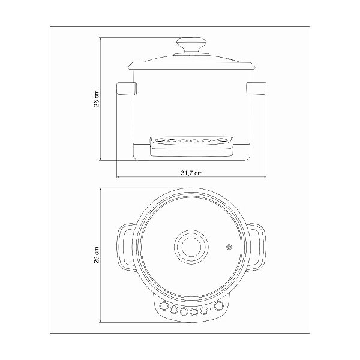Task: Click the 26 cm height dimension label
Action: coord(97,98)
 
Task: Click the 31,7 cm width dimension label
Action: coord(192,173)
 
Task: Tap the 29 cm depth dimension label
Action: coord(97,255)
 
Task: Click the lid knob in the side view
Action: coord(191,46)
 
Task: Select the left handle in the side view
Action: coord(127,89)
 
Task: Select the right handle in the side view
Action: coord(256,89)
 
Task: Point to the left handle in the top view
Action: coord(126,247)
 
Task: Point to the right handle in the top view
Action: coord(257,247)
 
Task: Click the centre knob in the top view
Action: coord(191,247)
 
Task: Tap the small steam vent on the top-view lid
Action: coord(229,247)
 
